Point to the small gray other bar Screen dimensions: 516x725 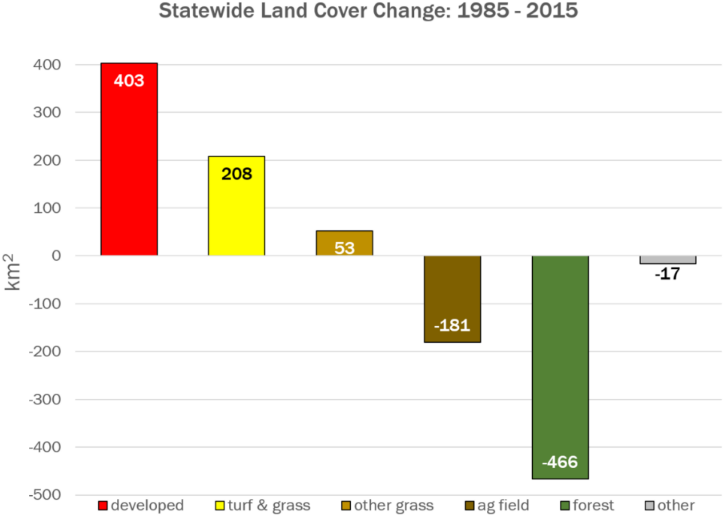pyautogui.click(x=667, y=260)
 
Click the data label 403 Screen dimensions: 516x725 pyautogui.click(x=129, y=81)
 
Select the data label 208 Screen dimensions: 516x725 pyautogui.click(x=237, y=174)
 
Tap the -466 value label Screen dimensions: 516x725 pyautogui.click(x=560, y=462)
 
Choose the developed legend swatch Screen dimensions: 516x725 pyautogui.click(x=103, y=505)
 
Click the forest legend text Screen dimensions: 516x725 pyautogui.click(x=593, y=505)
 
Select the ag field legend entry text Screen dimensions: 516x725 pyautogui.click(x=503, y=505)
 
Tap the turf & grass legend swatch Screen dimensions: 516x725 pyautogui.click(x=220, y=505)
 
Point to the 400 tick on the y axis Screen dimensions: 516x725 pyautogui.click(x=47, y=65)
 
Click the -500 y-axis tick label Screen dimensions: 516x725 pyautogui.click(x=45, y=495)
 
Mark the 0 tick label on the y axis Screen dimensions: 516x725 pyautogui.click(x=56, y=255)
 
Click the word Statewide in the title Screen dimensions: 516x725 pyautogui.click(x=206, y=11)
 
